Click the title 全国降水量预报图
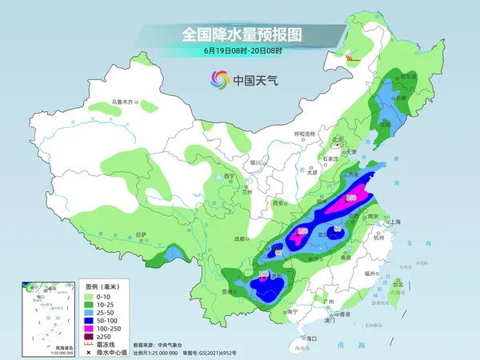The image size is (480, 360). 239,34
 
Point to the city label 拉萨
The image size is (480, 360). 141,234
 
